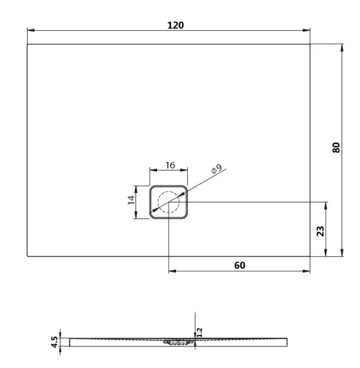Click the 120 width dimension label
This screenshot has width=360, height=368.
(176, 25)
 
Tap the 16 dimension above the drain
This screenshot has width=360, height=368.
(170, 166)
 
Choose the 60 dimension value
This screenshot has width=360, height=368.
(239, 265)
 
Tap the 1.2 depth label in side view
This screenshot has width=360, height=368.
(200, 331)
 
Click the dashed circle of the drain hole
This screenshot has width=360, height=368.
(168, 201)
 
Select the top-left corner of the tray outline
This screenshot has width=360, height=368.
(28, 44)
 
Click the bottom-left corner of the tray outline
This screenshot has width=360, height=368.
(28, 256)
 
